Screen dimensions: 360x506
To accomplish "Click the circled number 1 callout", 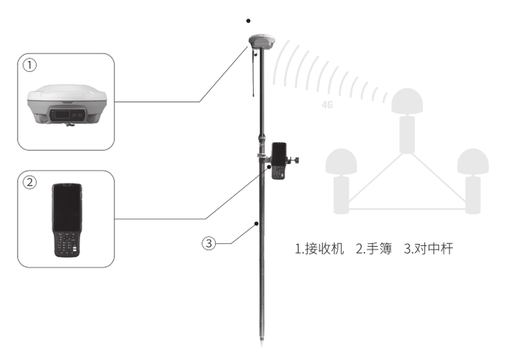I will (x=29, y=65).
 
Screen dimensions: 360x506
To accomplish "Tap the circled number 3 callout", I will (x=209, y=243).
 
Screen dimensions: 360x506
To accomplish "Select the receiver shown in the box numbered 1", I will (x=65, y=107).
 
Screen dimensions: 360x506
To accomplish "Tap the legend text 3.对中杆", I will (x=428, y=249).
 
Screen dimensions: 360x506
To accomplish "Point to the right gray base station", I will (x=472, y=179).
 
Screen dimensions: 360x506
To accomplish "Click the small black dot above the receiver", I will (x=248, y=21).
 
